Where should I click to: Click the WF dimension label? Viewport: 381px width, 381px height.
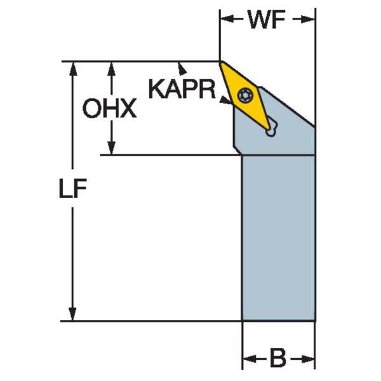click(x=267, y=20)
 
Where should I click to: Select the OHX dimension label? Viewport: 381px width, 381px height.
click(x=110, y=109)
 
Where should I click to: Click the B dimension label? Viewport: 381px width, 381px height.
click(x=278, y=359)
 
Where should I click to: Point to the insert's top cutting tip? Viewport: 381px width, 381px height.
click(x=222, y=63)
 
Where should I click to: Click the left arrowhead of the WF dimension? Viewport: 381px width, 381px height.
click(x=225, y=20)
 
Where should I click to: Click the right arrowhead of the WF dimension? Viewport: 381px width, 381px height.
click(x=311, y=20)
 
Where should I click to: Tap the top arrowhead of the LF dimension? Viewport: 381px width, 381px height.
click(x=72, y=67)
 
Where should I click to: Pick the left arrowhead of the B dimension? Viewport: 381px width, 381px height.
click(x=248, y=359)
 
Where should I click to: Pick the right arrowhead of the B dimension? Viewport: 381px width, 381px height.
click(x=311, y=359)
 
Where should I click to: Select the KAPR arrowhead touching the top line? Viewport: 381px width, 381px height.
click(x=183, y=65)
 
